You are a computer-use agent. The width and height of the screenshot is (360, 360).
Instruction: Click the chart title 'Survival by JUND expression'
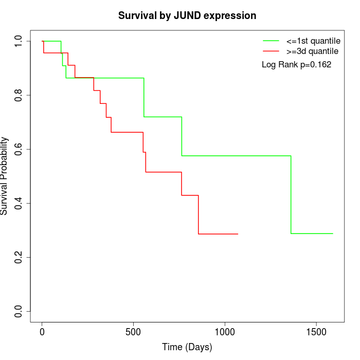pos(187,15)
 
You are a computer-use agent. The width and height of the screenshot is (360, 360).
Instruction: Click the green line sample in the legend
pos(271,41)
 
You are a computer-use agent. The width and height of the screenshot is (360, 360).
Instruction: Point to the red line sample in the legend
pos(271,51)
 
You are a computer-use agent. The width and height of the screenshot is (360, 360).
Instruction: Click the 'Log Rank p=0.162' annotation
pos(296,65)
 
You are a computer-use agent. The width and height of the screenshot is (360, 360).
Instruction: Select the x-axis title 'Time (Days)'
pos(187,347)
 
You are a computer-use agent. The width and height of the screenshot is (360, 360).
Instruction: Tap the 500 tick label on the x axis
pos(133,331)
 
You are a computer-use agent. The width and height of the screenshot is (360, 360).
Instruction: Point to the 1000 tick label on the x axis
pos(225,331)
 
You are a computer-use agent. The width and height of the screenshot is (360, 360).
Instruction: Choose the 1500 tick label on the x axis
pos(316,331)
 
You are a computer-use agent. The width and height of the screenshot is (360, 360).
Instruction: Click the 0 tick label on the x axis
pos(42,331)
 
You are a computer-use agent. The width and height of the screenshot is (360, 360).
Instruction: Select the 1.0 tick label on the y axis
pos(19,41)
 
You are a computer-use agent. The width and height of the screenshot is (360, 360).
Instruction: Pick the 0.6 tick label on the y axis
pos(19,149)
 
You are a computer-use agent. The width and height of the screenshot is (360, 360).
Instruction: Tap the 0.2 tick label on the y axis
pos(19,257)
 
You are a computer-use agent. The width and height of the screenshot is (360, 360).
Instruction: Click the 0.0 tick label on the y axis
pos(19,311)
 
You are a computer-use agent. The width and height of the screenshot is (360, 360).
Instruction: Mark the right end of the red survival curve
pos(238,234)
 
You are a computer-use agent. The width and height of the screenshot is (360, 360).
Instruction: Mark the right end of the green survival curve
pos(333,233)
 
